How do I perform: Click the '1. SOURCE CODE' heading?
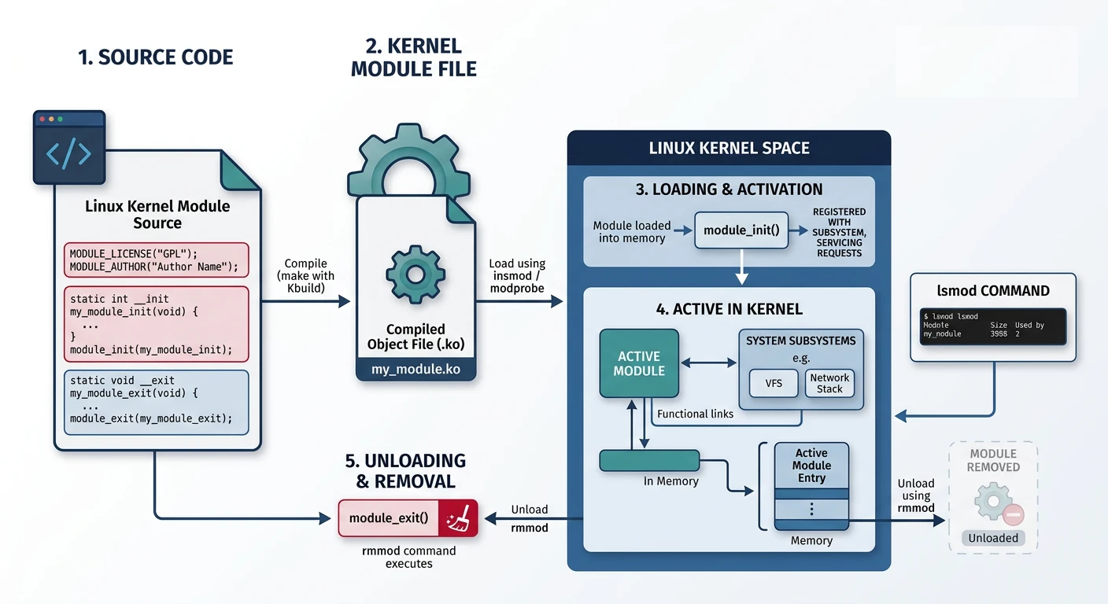[155, 57]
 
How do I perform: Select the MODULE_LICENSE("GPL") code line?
[133, 253]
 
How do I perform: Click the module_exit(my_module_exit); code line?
[151, 418]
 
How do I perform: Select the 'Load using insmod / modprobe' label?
[517, 275]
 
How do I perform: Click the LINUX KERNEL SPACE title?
[729, 148]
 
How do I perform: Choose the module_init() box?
[741, 230]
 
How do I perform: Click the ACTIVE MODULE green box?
[638, 363]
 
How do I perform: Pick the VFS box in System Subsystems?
[774, 383]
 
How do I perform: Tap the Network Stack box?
[829, 383]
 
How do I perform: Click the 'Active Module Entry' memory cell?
[811, 466]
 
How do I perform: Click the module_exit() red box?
[389, 517]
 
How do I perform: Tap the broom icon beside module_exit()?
[457, 517]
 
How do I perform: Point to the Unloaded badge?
[993, 538]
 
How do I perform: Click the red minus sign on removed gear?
[1013, 515]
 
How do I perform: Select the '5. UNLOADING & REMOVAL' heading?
[405, 470]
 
